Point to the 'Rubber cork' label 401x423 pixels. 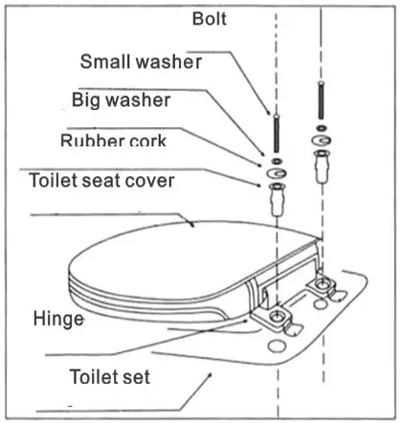[113, 140]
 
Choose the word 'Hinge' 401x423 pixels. [57, 320]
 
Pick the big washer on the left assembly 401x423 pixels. [277, 174]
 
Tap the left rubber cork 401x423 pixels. [277, 201]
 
